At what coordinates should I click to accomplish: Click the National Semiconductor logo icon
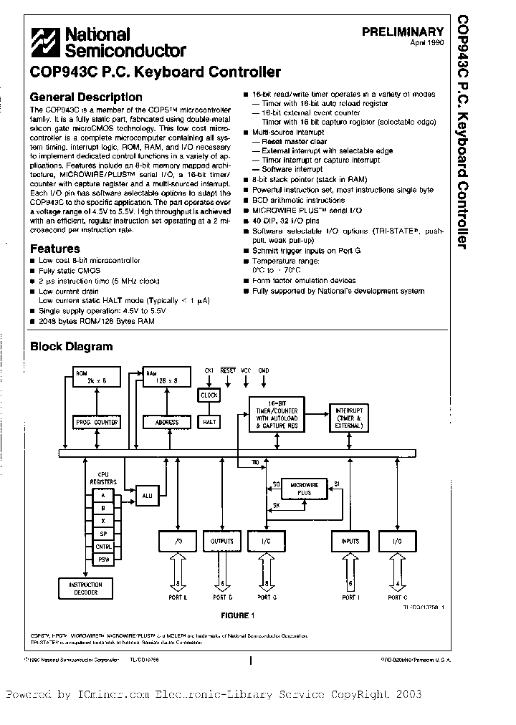click(x=46, y=42)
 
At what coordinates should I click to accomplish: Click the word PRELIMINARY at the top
click(x=403, y=32)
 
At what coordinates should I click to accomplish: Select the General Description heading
click(x=86, y=97)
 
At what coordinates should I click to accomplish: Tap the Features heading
click(x=55, y=249)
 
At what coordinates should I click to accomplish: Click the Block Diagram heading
click(x=71, y=347)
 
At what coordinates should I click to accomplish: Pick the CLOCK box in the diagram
click(x=209, y=395)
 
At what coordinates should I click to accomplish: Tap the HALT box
click(x=209, y=422)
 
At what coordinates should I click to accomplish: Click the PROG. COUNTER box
click(x=95, y=423)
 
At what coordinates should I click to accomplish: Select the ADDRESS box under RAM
click(x=166, y=423)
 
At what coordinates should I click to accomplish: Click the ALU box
click(x=147, y=494)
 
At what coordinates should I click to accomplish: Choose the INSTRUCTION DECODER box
click(x=85, y=588)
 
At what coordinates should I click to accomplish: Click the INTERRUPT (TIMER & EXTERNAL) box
click(x=348, y=418)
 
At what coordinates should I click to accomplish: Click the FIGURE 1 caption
click(x=236, y=615)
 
